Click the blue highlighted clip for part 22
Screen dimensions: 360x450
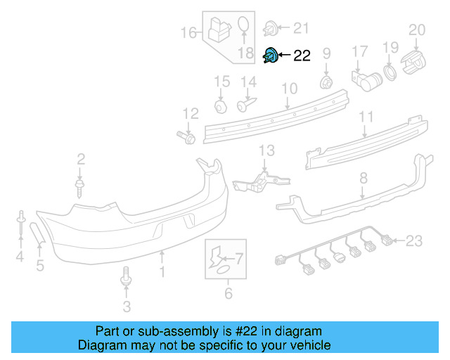pyautogui.click(x=271, y=56)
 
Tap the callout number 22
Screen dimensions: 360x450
pyautogui.click(x=302, y=56)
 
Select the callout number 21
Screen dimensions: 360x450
pyautogui.click(x=301, y=28)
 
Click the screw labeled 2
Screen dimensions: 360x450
pyautogui.click(x=80, y=186)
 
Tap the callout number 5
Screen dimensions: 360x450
pyautogui.click(x=39, y=265)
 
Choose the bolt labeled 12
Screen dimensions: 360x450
pyautogui.click(x=188, y=137)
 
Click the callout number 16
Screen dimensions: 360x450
pyautogui.click(x=188, y=32)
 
